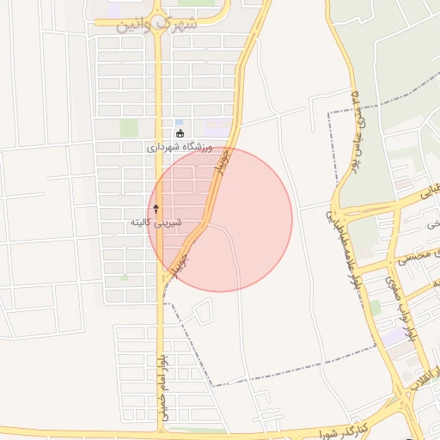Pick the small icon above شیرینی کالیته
(x=156, y=209)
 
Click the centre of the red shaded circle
(x=220, y=219)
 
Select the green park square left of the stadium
(x=129, y=128)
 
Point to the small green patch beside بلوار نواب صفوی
(x=376, y=306)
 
